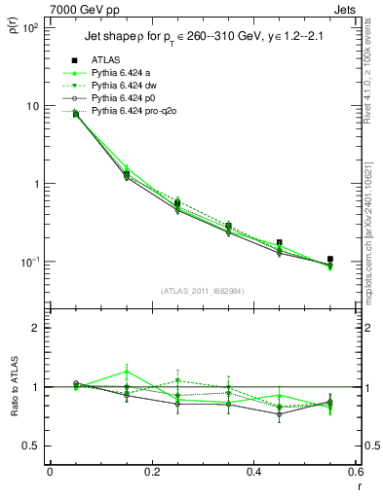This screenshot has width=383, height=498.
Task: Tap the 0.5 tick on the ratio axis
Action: [31, 445]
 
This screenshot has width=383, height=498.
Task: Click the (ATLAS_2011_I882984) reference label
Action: [202, 291]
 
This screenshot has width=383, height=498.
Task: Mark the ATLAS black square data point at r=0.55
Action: [329, 259]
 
